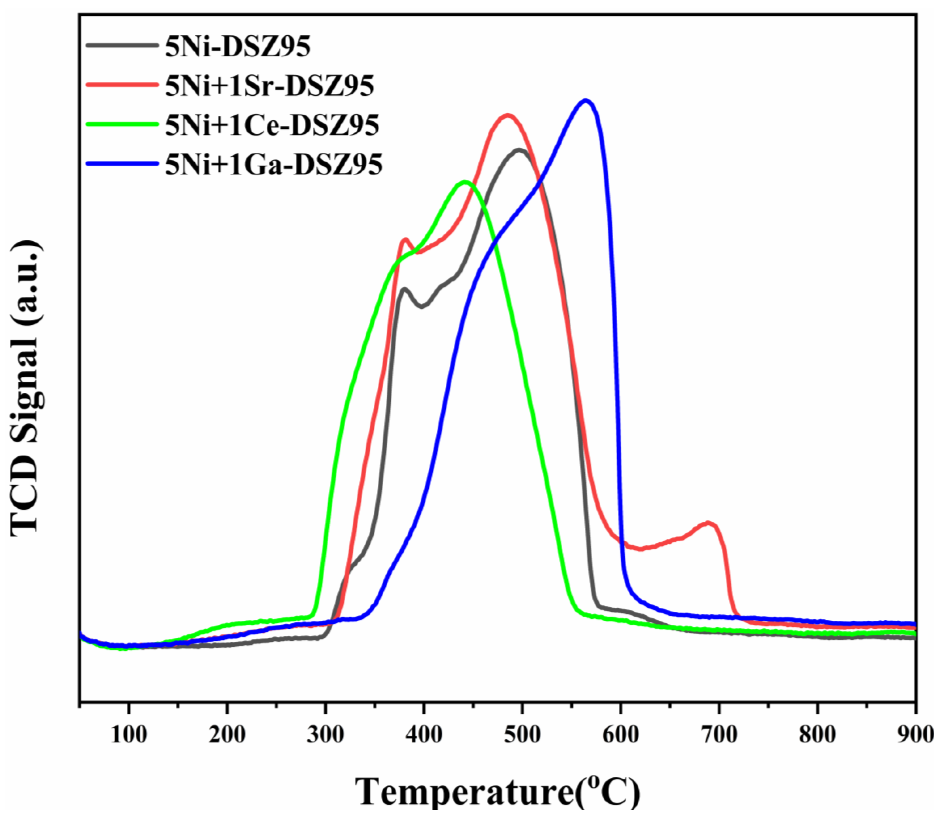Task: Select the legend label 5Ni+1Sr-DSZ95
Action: [x=269, y=86]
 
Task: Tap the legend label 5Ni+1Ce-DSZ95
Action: [x=272, y=125]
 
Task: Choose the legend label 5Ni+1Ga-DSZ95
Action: [x=273, y=165]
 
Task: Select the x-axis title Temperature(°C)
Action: [x=498, y=792]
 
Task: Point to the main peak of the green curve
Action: [x=465, y=183]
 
